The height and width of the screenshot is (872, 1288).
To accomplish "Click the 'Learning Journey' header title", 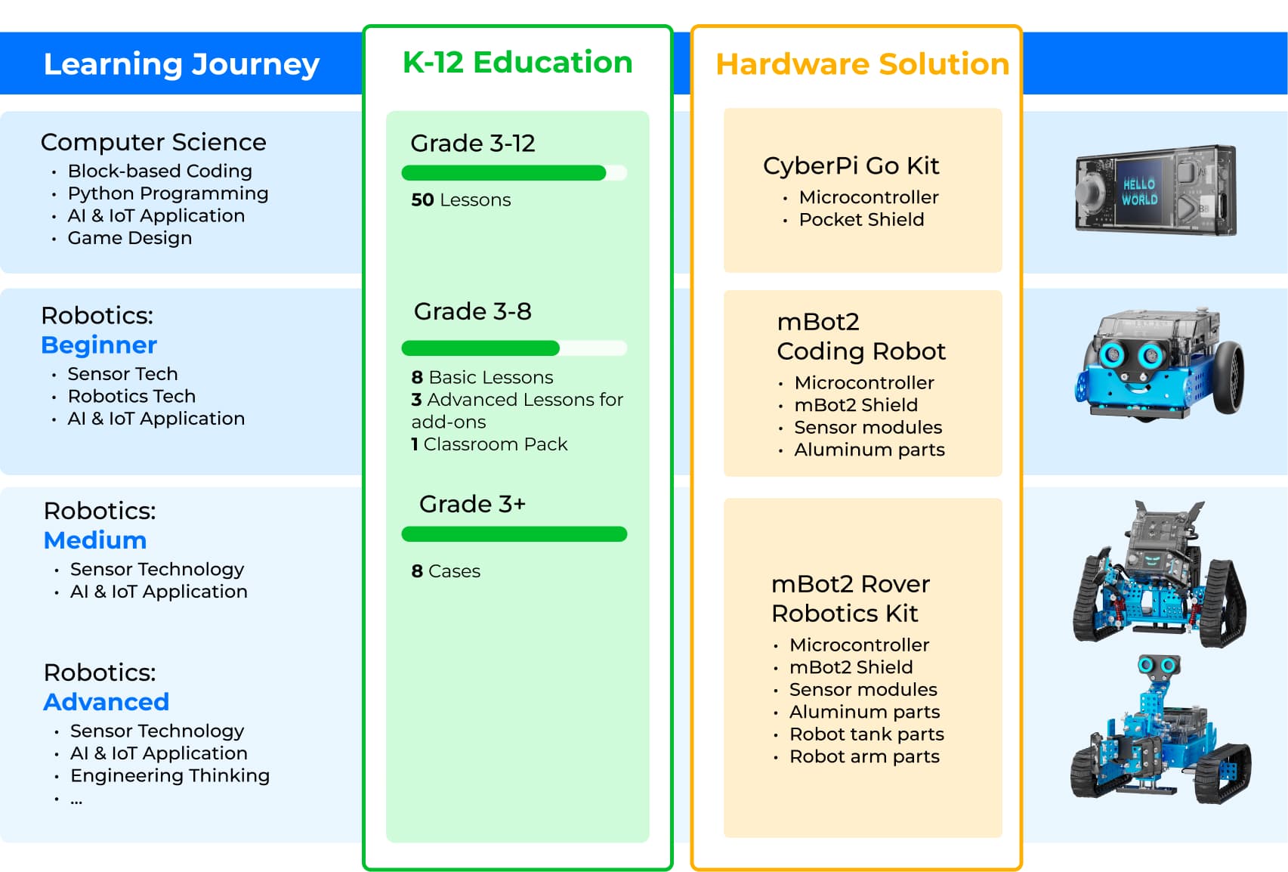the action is pyautogui.click(x=181, y=63).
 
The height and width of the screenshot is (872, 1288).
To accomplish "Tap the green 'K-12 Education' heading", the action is pyautogui.click(x=517, y=62).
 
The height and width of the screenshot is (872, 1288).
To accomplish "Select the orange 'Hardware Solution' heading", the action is pyautogui.click(x=863, y=63).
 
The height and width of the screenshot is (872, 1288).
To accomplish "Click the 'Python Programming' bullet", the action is pyautogui.click(x=168, y=193).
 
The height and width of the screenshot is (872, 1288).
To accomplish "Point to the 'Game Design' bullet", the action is pyautogui.click(x=130, y=237).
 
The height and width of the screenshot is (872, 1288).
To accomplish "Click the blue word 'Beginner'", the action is pyautogui.click(x=99, y=345).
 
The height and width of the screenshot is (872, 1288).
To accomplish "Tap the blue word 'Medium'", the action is pyautogui.click(x=95, y=540).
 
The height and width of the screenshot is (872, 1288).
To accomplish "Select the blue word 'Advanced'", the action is pyautogui.click(x=107, y=702).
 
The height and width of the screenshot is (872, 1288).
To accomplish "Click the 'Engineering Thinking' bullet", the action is pyautogui.click(x=170, y=775).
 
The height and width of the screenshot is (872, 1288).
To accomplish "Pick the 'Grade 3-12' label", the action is pyautogui.click(x=473, y=144).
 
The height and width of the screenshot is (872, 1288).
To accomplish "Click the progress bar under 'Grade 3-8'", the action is pyautogui.click(x=514, y=348).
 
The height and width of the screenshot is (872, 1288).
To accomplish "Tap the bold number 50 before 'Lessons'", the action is pyautogui.click(x=422, y=199).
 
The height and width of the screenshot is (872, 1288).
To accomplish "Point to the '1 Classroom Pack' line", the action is pyautogui.click(x=490, y=444).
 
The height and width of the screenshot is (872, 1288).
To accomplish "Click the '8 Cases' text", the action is pyautogui.click(x=446, y=571).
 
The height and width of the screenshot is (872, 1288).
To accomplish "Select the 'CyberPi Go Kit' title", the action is pyautogui.click(x=851, y=166).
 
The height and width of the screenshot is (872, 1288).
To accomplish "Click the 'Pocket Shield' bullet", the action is pyautogui.click(x=861, y=220).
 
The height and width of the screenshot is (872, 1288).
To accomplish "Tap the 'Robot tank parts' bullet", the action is pyautogui.click(x=866, y=734).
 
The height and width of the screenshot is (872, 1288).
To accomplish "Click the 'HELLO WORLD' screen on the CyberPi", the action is pyautogui.click(x=1139, y=191).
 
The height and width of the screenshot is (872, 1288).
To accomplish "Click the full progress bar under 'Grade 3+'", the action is pyautogui.click(x=514, y=534).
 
